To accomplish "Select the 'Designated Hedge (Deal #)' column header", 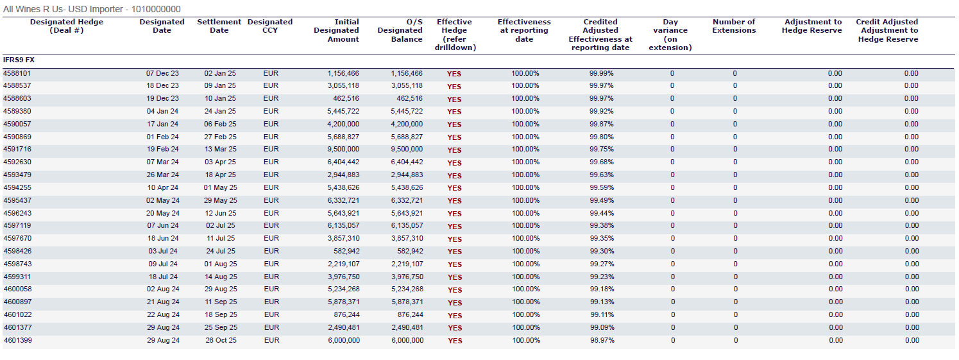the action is tap(66, 26).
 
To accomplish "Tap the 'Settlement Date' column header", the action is tap(219, 26).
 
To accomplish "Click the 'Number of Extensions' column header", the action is tap(734, 26).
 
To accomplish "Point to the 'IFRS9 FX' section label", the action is tap(19, 60).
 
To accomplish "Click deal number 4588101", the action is tap(17, 74).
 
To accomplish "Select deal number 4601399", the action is tap(17, 341).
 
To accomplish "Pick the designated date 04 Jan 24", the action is tap(163, 111).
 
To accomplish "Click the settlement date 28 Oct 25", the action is tap(221, 341).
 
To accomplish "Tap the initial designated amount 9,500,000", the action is tap(343, 150).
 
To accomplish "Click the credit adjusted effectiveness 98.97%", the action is tap(602, 341).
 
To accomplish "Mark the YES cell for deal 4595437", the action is tap(454, 201).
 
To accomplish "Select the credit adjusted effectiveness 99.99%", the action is tap(601, 74).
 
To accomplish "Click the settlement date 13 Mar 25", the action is tap(220, 150).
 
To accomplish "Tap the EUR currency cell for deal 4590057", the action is tap(271, 124).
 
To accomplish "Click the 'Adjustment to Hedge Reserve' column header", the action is tap(811, 26).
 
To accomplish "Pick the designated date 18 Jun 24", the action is tap(163, 239).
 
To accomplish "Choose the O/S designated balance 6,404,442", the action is tap(407, 162).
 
